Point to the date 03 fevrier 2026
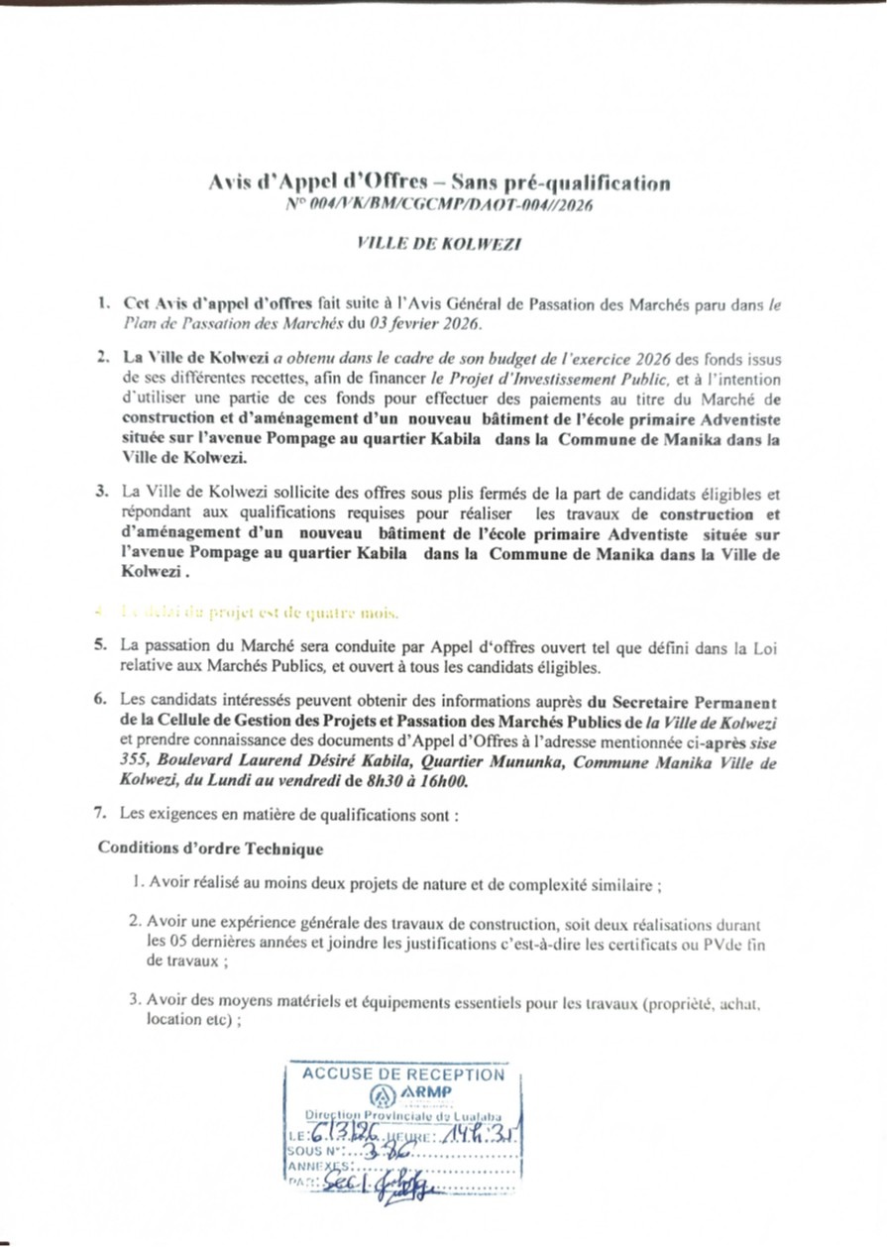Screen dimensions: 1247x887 pyautogui.click(x=428, y=323)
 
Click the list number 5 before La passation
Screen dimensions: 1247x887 pyautogui.click(x=100, y=644)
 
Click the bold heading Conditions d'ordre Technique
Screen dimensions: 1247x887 pyautogui.click(x=210, y=849)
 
